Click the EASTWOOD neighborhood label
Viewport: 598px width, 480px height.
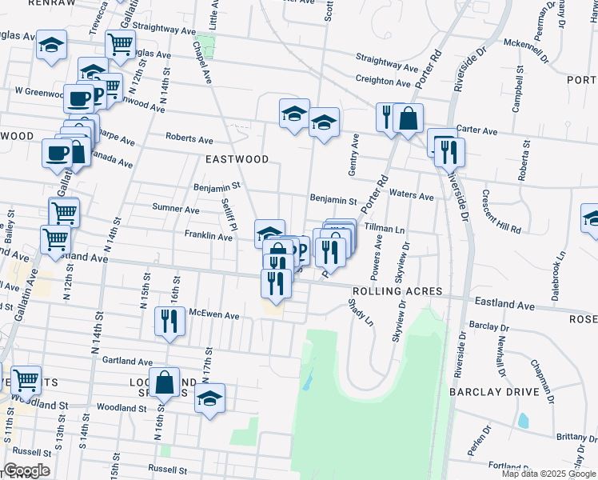[x=237, y=159]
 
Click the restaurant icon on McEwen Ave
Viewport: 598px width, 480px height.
[x=169, y=322]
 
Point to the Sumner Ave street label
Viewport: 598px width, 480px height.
[x=175, y=210]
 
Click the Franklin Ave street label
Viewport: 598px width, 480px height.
[x=208, y=236]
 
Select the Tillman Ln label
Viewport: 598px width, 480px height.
[x=385, y=228]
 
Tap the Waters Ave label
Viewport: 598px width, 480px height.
[x=412, y=196]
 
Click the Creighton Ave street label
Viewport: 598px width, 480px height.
[x=384, y=81]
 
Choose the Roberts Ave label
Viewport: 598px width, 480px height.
[x=189, y=138]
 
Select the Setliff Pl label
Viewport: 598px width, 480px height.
[x=228, y=213]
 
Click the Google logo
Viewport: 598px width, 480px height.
[x=26, y=470]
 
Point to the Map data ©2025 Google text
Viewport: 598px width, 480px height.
[x=548, y=474]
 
